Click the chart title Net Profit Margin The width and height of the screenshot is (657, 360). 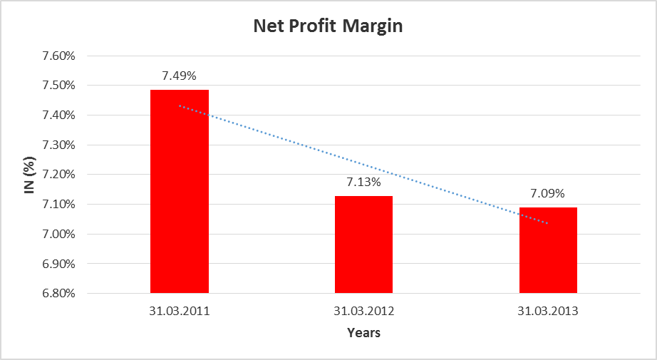(328, 27)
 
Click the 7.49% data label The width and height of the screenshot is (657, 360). (180, 75)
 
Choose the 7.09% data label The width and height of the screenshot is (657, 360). (548, 192)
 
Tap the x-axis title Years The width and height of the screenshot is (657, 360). (363, 333)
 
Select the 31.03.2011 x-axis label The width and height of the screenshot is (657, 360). (180, 312)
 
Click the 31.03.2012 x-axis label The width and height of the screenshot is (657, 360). (363, 312)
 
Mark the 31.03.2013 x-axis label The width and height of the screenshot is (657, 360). (548, 312)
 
